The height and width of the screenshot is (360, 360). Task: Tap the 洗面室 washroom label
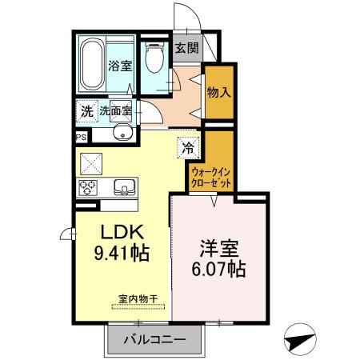click(116, 110)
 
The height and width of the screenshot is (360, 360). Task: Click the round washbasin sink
click(123, 133)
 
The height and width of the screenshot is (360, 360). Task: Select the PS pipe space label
click(80, 138)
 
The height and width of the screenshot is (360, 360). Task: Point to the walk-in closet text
click(212, 177)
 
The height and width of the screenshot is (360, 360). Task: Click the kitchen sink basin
click(125, 188)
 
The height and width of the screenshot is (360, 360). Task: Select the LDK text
click(122, 232)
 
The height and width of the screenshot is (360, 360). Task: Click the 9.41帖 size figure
click(122, 252)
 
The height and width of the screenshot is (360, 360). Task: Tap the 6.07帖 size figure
click(218, 269)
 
